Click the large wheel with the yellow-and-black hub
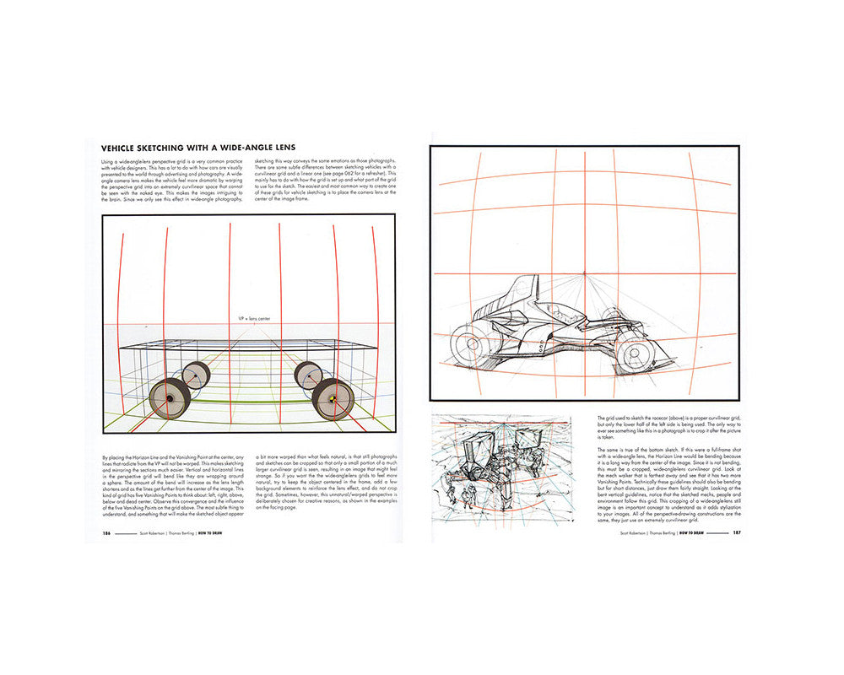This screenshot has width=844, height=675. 333,397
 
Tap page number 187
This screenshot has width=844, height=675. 736,533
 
